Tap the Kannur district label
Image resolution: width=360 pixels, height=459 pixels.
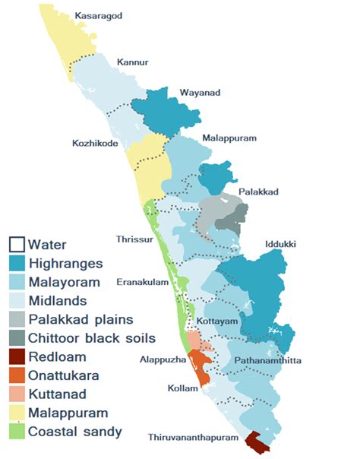point(131,62)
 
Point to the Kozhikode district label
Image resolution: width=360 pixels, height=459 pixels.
point(94,143)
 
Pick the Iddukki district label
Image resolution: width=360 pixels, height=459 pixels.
point(280,245)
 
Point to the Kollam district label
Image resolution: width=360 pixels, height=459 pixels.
point(183,388)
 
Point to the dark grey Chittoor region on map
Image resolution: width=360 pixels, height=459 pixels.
point(228,223)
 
